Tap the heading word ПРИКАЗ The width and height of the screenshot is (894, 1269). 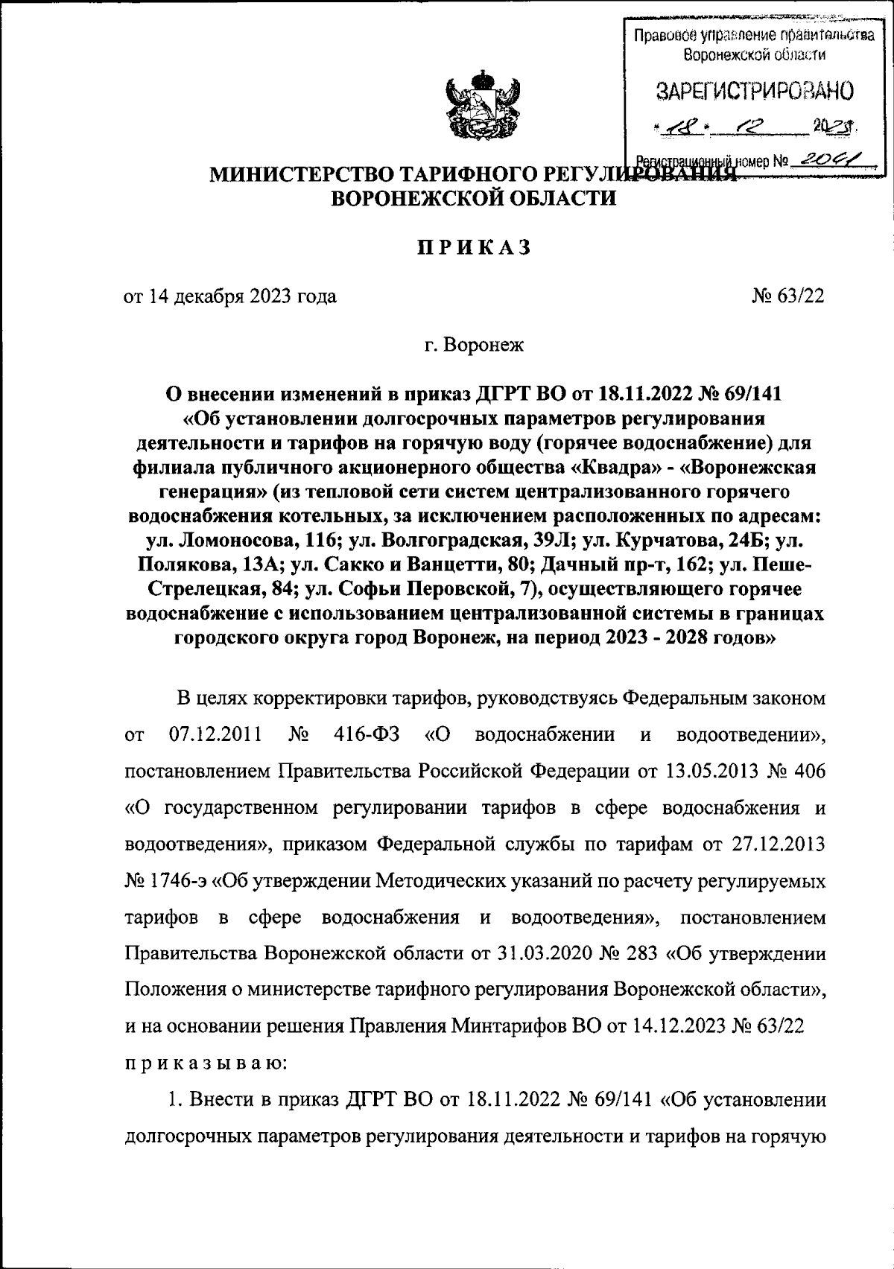pos(473,247)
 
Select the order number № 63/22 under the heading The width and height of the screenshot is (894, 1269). pos(789,296)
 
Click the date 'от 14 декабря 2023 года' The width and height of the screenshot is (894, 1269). pos(230,296)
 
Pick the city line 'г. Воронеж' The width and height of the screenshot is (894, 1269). pos(473,345)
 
